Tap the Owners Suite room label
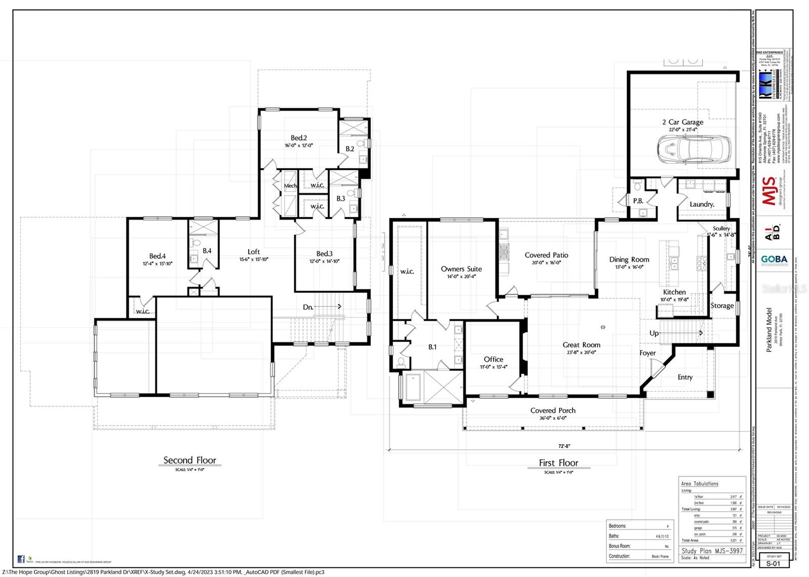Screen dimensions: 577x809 click(461, 269)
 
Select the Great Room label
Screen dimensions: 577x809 click(581, 345)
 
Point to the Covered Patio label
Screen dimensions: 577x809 click(546, 256)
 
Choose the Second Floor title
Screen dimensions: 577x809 click(190, 460)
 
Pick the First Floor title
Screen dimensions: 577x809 click(558, 463)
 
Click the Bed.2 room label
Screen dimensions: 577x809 click(298, 138)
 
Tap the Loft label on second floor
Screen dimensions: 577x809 click(254, 252)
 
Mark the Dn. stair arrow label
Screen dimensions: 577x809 click(308, 307)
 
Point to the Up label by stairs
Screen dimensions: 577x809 click(654, 333)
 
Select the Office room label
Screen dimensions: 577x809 click(493, 360)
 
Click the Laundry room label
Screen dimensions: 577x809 click(702, 205)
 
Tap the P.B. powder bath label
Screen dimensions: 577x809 click(638, 201)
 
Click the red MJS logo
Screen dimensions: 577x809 click(769, 191)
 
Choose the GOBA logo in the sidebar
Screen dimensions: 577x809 click(774, 259)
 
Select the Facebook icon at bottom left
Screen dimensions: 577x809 click(21, 559)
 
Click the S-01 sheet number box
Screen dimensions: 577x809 click(774, 563)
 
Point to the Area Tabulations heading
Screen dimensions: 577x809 click(699, 484)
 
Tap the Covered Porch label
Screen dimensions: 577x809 click(553, 411)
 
